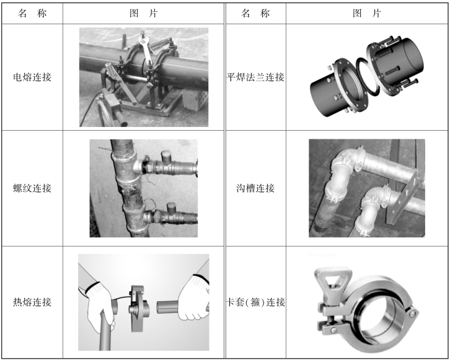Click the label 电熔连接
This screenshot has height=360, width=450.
click(x=32, y=77)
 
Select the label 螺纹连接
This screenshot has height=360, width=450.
click(x=32, y=188)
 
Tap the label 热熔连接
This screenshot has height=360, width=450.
click(x=32, y=302)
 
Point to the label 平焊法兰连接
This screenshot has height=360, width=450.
click(x=255, y=77)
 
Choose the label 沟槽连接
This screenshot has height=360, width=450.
click(x=255, y=188)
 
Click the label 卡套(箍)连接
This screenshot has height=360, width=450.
click(x=255, y=302)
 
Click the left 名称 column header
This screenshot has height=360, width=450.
click(x=32, y=13)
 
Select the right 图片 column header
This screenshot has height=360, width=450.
click(x=367, y=13)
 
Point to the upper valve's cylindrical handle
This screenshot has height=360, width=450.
click(x=167, y=157)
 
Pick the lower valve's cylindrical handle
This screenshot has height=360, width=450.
click(x=171, y=208)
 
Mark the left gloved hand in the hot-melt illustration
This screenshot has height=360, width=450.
click(x=100, y=304)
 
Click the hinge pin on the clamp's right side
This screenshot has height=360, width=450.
click(x=413, y=314)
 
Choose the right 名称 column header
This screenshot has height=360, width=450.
click(x=255, y=13)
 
